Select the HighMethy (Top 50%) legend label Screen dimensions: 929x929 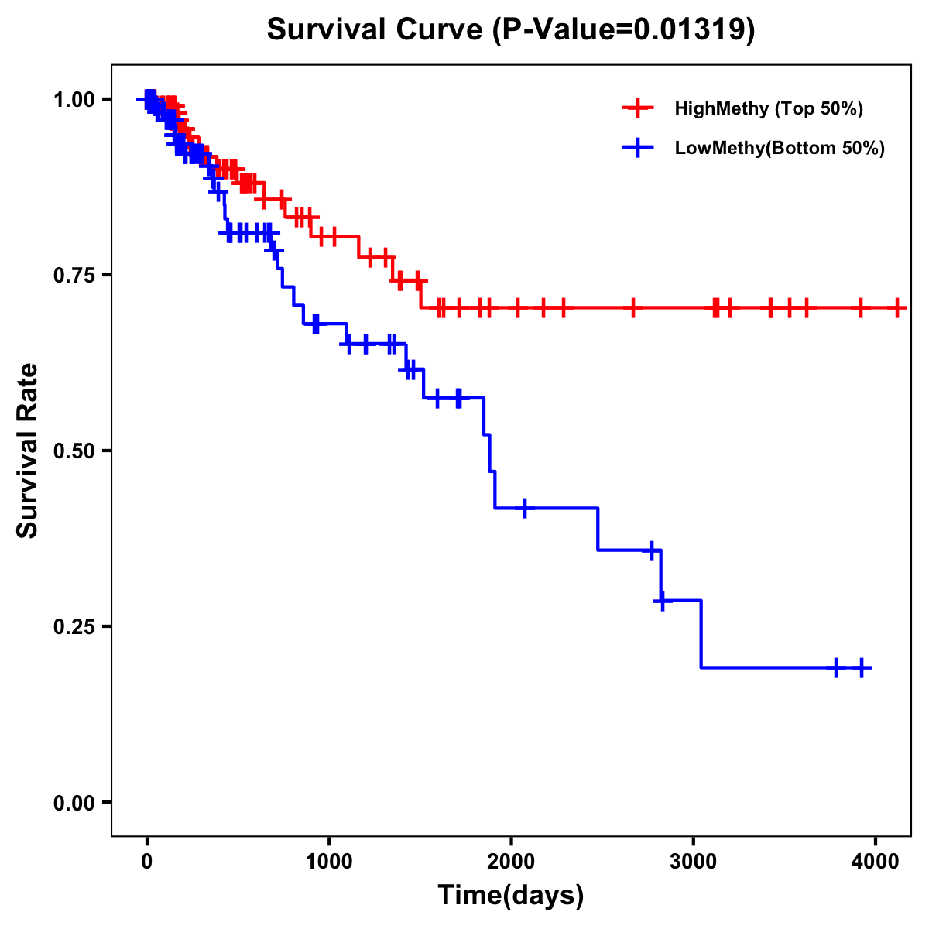click(x=768, y=108)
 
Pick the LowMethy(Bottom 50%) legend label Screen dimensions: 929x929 click(x=780, y=148)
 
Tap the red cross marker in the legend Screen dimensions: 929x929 click(x=638, y=108)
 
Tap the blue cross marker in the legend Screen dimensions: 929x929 click(x=638, y=148)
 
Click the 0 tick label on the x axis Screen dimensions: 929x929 click(x=147, y=860)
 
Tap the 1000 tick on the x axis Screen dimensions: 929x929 click(x=329, y=860)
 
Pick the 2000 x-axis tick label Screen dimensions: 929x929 click(x=511, y=860)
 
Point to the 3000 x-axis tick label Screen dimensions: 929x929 click(x=694, y=860)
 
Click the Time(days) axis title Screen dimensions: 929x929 click(x=511, y=896)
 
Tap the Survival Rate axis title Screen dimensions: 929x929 click(x=29, y=451)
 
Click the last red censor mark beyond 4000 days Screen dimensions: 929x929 click(x=896, y=308)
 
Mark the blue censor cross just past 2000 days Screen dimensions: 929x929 click(x=525, y=508)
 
